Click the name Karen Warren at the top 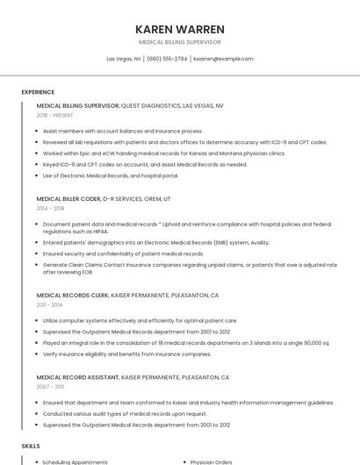tap(180, 29)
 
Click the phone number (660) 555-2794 tap(167, 59)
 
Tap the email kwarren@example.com tap(223, 59)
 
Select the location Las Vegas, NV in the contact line tap(124, 59)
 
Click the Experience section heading tap(38, 92)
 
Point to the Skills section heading tap(31, 446)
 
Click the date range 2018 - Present tap(55, 115)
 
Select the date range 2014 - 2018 tap(51, 208)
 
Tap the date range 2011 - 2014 tap(49, 304)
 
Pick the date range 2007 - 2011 tap(50, 386)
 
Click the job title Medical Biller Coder tap(68, 199)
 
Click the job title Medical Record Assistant tap(77, 377)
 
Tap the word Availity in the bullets tap(260, 243)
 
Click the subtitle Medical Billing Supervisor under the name tap(180, 41)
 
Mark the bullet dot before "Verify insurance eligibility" tap(38, 354)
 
